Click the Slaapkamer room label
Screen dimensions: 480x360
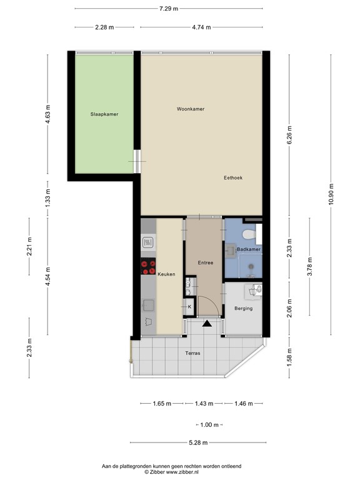pos(104,114)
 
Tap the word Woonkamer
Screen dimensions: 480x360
pos(191,109)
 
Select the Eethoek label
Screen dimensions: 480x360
pos(233,178)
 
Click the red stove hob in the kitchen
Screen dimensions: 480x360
pos(149,267)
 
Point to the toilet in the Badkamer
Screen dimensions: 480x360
pos(248,234)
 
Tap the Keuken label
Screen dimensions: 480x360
pos(167,274)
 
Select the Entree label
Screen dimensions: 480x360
pos(205,262)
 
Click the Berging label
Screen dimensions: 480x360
pos(243,309)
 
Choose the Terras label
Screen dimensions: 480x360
pos(193,354)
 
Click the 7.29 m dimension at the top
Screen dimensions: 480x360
pos(168,9)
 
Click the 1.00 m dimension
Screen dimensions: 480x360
pos(209,425)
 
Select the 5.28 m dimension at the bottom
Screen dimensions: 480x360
pos(197,443)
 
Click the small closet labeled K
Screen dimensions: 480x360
pos(189,307)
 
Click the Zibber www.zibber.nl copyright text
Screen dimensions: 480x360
pos(180,472)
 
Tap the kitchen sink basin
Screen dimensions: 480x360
pos(148,304)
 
